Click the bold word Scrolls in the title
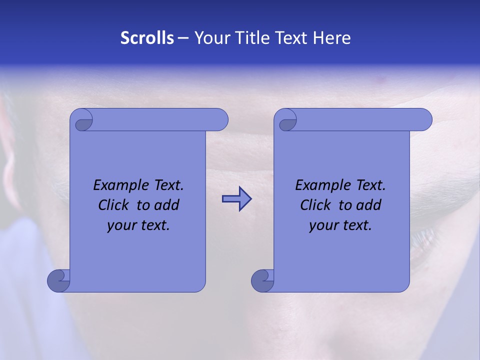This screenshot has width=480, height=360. pyautogui.click(x=147, y=38)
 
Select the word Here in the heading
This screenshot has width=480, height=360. pyautogui.click(x=331, y=38)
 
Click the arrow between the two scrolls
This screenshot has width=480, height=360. pyautogui.click(x=236, y=199)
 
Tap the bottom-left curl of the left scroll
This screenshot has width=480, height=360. pyautogui.click(x=59, y=280)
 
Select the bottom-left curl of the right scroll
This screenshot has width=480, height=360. pyautogui.click(x=263, y=280)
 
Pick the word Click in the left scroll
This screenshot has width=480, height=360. pyautogui.click(x=115, y=205)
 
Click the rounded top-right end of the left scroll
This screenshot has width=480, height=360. pyautogui.click(x=220, y=119)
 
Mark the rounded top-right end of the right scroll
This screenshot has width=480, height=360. pyautogui.click(x=424, y=119)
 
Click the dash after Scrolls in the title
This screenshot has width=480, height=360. pyautogui.click(x=183, y=38)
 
